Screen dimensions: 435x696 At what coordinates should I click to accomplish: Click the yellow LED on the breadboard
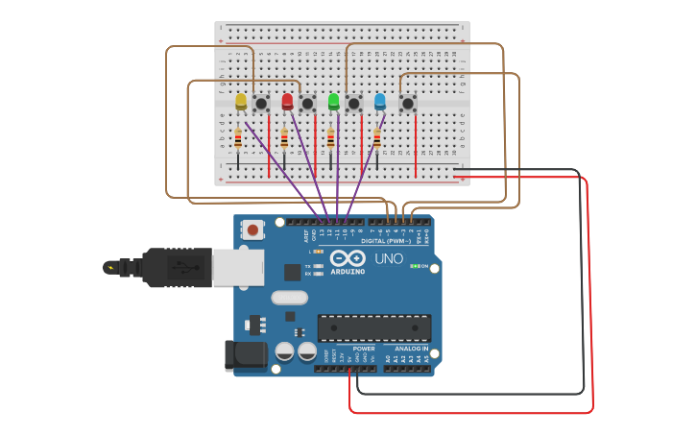click(241, 101)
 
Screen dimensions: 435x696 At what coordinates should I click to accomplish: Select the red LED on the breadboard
click(287, 101)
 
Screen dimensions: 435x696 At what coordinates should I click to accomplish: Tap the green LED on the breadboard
click(333, 101)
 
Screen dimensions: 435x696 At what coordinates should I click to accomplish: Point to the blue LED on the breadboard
click(380, 101)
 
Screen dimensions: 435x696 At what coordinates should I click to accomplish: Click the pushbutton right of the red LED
click(307, 103)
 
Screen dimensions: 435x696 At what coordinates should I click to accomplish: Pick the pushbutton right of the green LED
click(354, 103)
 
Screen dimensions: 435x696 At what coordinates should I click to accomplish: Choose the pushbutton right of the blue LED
click(408, 103)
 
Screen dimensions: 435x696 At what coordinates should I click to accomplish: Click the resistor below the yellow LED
click(238, 139)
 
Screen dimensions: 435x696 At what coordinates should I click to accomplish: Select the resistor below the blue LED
click(377, 139)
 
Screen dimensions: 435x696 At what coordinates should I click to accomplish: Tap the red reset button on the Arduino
click(252, 230)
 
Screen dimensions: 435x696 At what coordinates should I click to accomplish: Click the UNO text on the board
click(388, 259)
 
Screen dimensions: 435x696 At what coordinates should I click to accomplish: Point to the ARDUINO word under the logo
click(348, 272)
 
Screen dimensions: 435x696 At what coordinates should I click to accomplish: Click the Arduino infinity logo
click(348, 258)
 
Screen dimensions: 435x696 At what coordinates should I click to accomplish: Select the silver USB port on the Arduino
click(236, 268)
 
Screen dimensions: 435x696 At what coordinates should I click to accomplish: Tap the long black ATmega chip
click(374, 327)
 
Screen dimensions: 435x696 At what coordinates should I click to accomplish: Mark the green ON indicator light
click(413, 266)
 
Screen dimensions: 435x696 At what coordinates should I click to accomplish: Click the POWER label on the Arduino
click(364, 349)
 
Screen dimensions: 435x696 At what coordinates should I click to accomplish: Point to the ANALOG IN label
click(411, 349)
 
